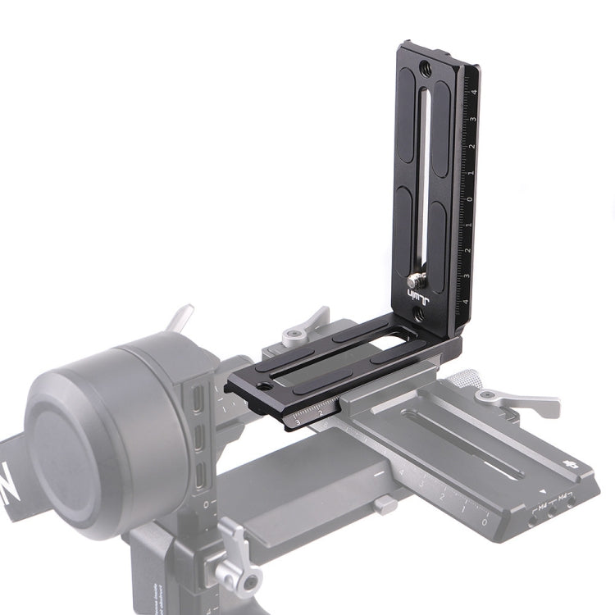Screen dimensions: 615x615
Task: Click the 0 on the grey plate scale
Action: coord(485,522)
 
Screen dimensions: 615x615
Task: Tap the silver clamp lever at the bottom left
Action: coord(230,558)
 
